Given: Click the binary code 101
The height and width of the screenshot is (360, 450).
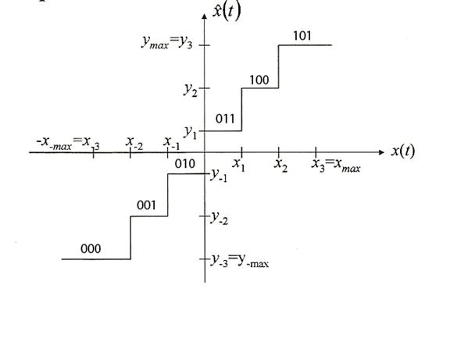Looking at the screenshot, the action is click(x=302, y=36).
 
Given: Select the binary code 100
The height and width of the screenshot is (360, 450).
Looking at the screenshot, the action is click(x=259, y=80).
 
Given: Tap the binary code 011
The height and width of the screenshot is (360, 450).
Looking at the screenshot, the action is click(x=225, y=119).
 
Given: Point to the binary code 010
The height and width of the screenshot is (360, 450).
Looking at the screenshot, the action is click(x=185, y=164).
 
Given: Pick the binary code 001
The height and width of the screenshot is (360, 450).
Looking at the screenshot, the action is click(x=146, y=205).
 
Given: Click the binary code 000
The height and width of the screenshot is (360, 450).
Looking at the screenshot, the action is click(x=91, y=248).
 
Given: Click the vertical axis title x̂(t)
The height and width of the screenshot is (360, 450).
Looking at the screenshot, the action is click(x=227, y=12).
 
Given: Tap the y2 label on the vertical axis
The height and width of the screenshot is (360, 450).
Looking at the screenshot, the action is click(x=191, y=89).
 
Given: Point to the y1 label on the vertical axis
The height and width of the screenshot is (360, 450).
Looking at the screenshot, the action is click(x=191, y=132).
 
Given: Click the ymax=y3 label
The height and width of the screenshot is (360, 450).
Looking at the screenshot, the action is click(x=167, y=43).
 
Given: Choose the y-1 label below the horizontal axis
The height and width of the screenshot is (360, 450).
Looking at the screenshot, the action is click(x=219, y=175).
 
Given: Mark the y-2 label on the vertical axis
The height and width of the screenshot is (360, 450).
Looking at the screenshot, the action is click(x=220, y=218).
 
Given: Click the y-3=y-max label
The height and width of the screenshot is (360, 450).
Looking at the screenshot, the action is click(x=240, y=261).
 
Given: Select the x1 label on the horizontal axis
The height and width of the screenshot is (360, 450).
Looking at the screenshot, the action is click(x=239, y=165).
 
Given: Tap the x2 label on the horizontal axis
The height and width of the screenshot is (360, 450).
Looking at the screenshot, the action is click(x=280, y=166).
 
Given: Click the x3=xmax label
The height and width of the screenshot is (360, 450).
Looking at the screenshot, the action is click(x=336, y=166).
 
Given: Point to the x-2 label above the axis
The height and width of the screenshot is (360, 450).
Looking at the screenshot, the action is click(x=134, y=143).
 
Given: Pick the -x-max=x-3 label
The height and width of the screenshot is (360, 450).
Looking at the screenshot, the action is click(x=68, y=144).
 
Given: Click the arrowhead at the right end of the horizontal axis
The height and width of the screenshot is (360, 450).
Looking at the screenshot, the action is click(x=382, y=152).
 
